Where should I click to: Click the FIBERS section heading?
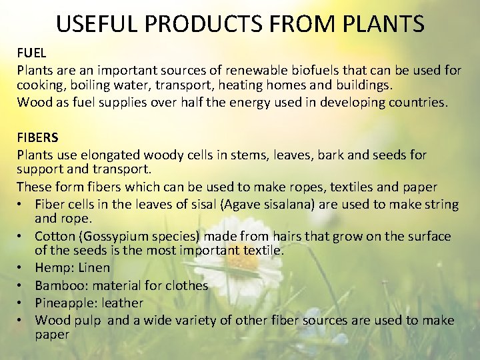pyautogui.click(x=37, y=138)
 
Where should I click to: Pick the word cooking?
pyautogui.click(x=39, y=86)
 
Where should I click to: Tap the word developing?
pyautogui.click(x=350, y=103)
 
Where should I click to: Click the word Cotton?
pyautogui.click(x=54, y=237)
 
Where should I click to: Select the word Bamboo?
pyautogui.click(x=57, y=285)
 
